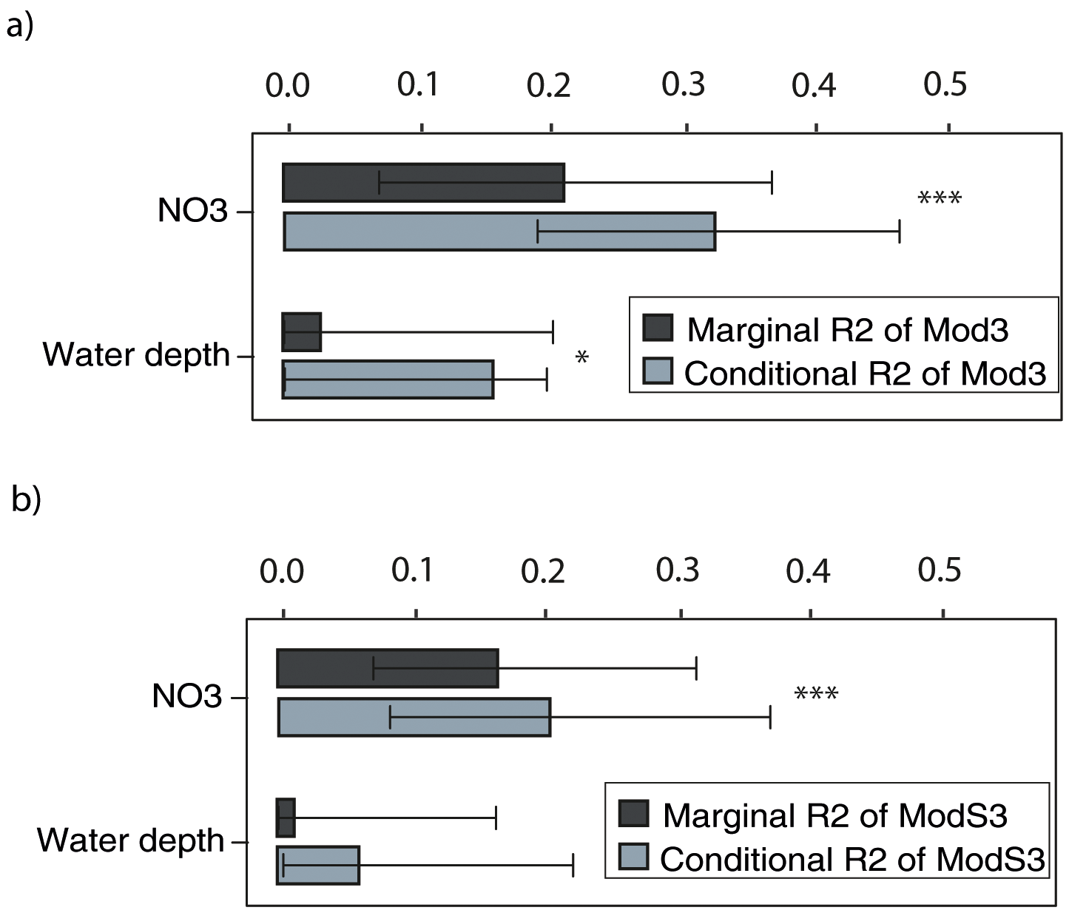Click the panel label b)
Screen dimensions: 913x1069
point(26,499)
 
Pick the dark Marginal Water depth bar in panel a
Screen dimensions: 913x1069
point(301,332)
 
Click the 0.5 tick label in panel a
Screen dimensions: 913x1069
point(945,85)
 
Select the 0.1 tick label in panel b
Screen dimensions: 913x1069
point(413,570)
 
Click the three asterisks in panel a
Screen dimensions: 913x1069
point(939,199)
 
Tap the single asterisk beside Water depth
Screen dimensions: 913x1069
point(581,359)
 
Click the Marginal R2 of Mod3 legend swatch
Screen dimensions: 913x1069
point(658,328)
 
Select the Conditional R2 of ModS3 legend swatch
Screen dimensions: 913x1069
point(633,858)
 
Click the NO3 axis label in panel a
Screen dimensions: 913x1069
point(192,212)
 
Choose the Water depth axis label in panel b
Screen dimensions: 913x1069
point(130,840)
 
